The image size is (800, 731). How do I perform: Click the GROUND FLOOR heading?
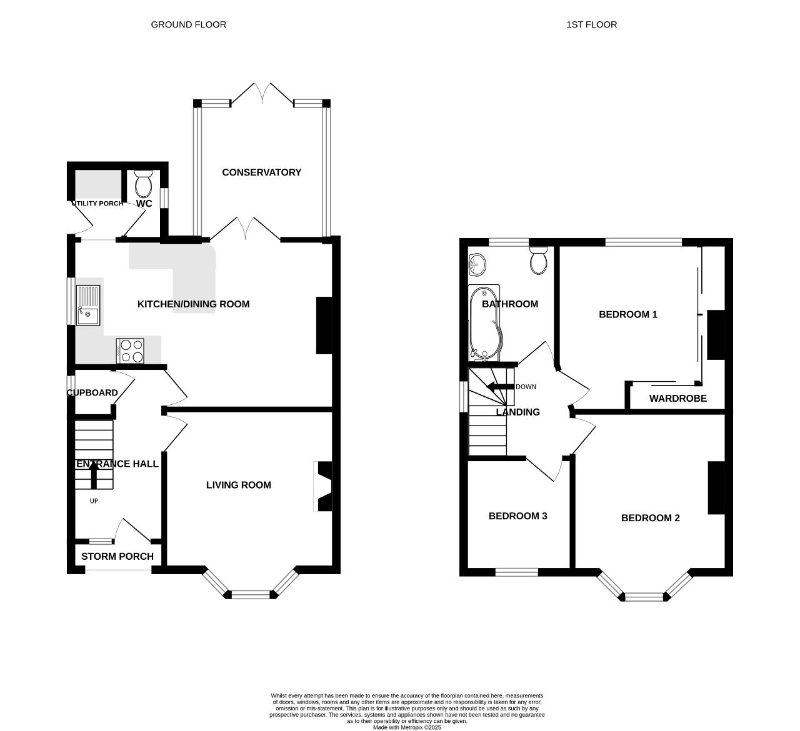188,25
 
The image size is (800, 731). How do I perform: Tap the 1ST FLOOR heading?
591,25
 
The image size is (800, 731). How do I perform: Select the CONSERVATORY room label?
262,172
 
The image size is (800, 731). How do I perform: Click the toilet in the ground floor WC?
143,184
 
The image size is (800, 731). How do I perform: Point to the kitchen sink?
88,306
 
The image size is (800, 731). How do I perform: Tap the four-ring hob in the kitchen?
130,351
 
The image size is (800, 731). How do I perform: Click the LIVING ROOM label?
239,485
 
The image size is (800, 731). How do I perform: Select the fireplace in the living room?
323,486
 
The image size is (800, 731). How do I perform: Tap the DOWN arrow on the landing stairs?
500,387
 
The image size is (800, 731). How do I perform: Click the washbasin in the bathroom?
477,264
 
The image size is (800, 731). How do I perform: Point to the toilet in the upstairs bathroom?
539,260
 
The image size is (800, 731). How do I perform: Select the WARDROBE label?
678,399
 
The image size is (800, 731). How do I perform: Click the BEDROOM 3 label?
517,516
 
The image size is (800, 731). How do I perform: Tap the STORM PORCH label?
117,556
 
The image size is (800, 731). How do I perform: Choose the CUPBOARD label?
92,393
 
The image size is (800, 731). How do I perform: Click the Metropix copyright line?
407,727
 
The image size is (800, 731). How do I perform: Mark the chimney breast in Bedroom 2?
716,488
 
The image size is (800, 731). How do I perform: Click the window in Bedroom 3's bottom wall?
517,572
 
